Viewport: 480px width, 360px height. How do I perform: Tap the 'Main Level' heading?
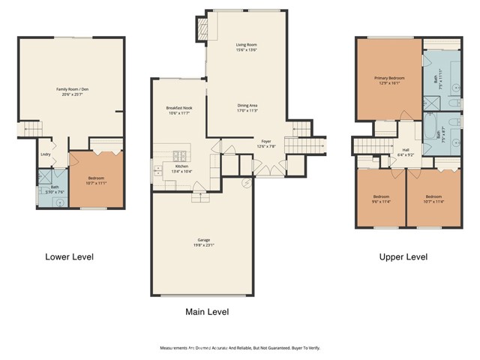coord(207,311)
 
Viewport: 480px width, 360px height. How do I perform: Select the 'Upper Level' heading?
coord(403,256)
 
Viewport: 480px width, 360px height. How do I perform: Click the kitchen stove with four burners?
coord(200,197)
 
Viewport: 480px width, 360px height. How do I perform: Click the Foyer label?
coord(265,140)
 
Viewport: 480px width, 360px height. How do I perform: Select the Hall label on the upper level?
coord(405,150)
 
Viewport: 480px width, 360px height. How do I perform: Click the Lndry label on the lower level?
coord(46,155)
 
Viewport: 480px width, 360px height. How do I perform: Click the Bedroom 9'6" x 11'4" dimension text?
coord(380,201)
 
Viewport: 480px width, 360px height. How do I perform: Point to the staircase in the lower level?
coord(27,130)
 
